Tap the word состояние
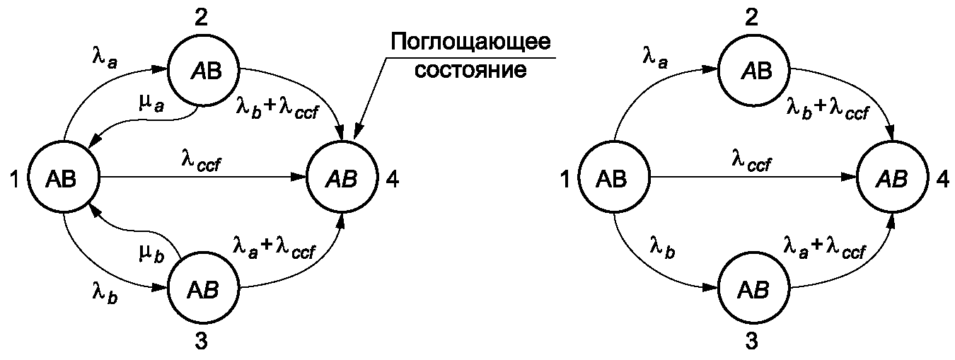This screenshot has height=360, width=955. tap(470, 71)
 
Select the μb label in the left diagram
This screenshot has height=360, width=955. tap(151, 254)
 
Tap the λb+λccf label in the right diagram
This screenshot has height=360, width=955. tap(827, 108)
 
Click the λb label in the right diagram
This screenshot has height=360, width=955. tap(661, 247)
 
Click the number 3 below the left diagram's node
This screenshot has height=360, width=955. tap(200, 342)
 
